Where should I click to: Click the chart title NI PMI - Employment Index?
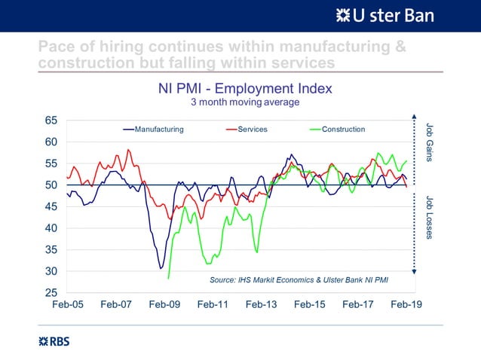coord(244,88)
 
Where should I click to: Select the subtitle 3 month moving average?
coord(244,102)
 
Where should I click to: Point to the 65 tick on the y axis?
coord(51,121)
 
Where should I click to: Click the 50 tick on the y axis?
coord(51,185)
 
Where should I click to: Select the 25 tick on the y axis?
coord(51,292)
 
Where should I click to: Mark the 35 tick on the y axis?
coord(51,249)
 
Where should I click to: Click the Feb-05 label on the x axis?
coord(67,305)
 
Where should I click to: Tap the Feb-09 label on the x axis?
coord(164,305)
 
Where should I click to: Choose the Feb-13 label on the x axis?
coord(261,305)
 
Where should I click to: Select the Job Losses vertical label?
coord(430,218)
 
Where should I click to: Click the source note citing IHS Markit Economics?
coord(308,280)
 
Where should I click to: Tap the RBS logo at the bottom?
coord(54,341)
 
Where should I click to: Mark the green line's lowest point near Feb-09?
coord(168,278)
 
